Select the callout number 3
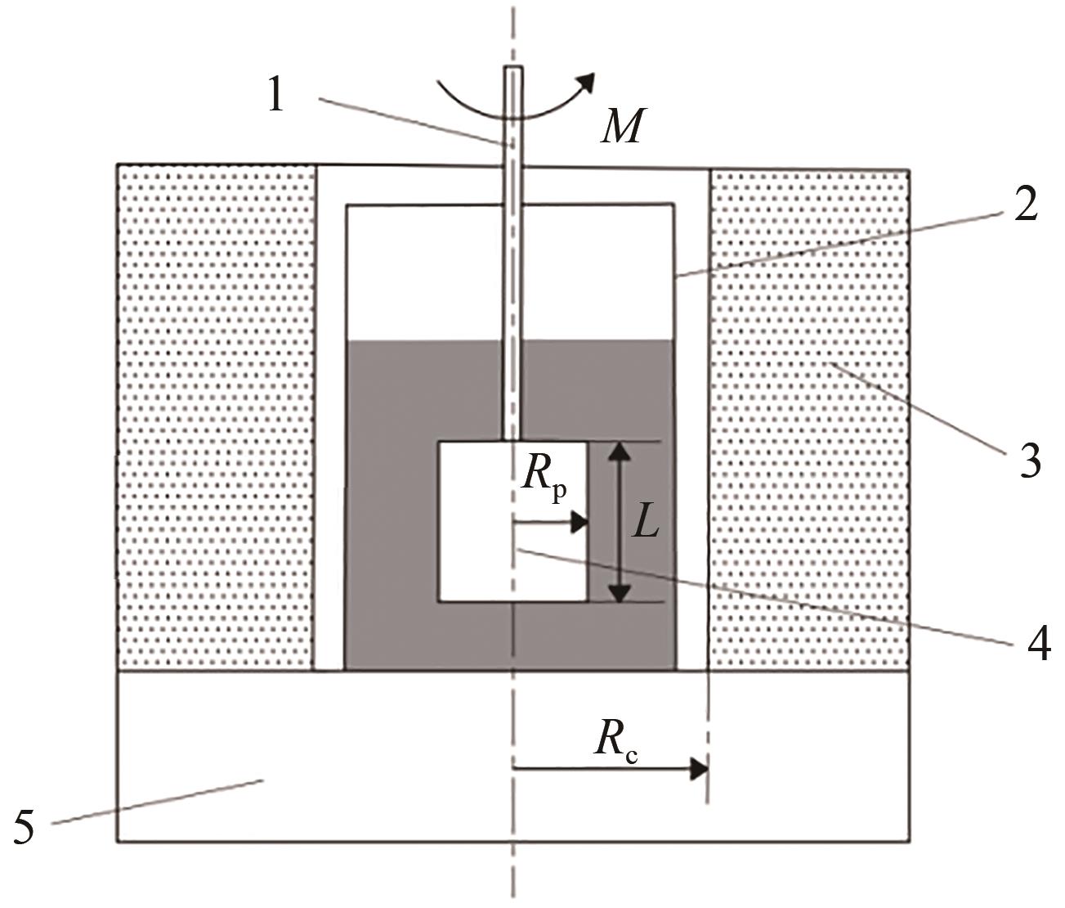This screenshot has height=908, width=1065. click(x=1030, y=461)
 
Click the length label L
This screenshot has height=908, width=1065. click(x=645, y=525)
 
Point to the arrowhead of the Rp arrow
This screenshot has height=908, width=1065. click(x=579, y=523)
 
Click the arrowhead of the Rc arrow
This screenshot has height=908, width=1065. click(x=699, y=769)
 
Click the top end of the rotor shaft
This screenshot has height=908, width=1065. click(x=513, y=68)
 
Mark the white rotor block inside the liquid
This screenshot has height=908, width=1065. click(x=512, y=521)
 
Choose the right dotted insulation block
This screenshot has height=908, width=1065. click(x=809, y=420)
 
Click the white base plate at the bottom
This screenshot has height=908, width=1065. click(x=512, y=755)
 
